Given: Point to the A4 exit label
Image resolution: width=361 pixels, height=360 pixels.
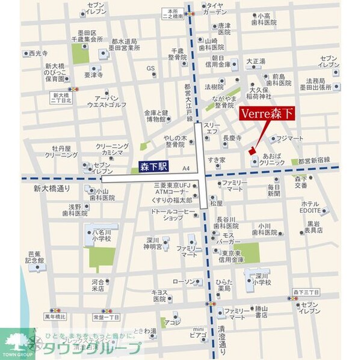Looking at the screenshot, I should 185,169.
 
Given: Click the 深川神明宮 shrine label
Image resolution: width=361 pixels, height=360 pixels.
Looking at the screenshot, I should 154,242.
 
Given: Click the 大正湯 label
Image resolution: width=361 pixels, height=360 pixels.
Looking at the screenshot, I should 255,61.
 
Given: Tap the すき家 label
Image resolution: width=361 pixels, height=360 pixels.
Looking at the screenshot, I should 216,159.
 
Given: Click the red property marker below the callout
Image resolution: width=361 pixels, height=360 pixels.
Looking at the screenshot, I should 252,151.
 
